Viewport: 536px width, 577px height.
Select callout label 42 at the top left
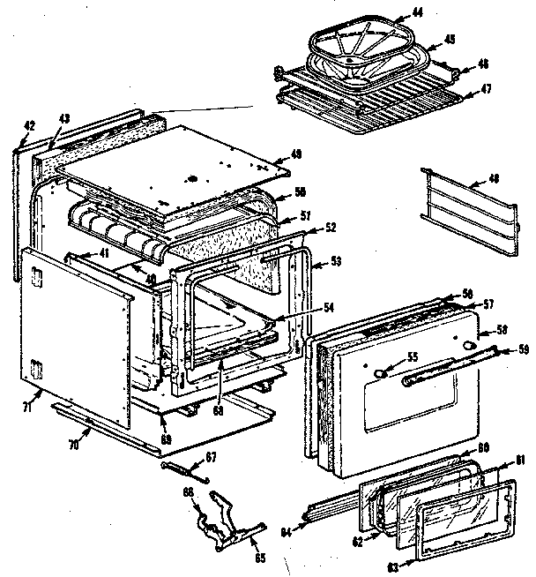point(28,125)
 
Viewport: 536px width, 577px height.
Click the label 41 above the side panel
point(104,253)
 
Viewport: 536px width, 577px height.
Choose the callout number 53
point(336,262)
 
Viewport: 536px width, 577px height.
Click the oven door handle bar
point(441,370)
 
